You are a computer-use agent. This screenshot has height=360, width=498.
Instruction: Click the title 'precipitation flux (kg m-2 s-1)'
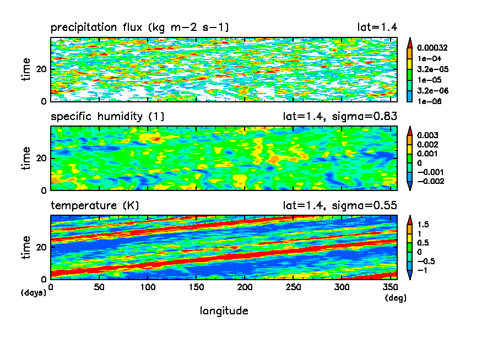pyautogui.click(x=140, y=28)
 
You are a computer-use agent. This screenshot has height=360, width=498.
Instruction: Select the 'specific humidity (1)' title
pyautogui.click(x=107, y=117)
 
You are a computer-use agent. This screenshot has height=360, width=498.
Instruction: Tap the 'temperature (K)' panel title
pyautogui.click(x=95, y=206)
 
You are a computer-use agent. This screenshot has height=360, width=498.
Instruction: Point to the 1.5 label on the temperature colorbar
pyautogui.click(x=423, y=225)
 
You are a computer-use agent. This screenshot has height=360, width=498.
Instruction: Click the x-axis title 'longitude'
pyautogui.click(x=224, y=311)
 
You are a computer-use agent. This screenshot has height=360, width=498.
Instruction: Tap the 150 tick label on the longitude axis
pyautogui.click(x=148, y=287)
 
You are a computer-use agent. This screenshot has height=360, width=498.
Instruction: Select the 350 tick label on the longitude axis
pyautogui.click(x=391, y=287)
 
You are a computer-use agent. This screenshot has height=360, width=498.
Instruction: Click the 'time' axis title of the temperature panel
pyautogui.click(x=26, y=247)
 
